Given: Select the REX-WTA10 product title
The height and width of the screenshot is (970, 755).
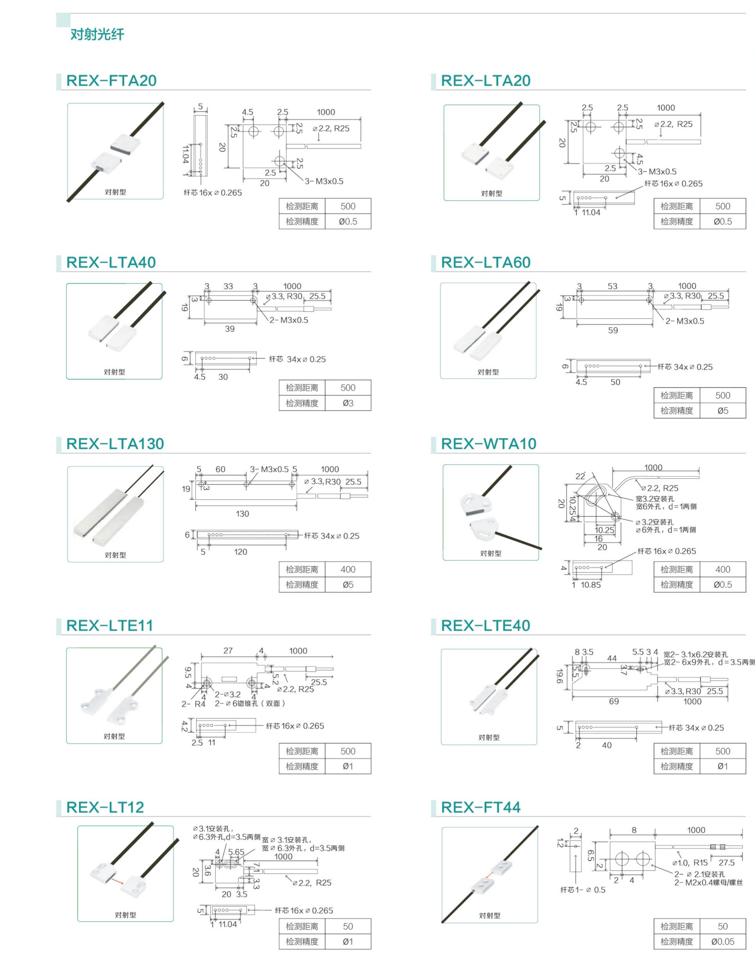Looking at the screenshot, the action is click(489, 444).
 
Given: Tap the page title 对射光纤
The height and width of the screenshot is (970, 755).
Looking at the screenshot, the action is click(97, 34).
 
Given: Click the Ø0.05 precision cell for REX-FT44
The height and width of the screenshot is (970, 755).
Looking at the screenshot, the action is click(723, 941).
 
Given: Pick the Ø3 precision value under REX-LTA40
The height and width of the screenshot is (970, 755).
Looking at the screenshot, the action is click(348, 403).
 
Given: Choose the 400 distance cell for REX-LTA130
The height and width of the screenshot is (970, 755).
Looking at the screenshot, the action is click(348, 569).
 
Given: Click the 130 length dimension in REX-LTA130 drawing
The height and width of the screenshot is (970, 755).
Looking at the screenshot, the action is click(242, 514).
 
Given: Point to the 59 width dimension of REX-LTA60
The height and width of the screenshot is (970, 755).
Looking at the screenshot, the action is click(613, 330).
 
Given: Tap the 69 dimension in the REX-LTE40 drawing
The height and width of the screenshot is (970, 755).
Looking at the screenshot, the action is click(614, 701).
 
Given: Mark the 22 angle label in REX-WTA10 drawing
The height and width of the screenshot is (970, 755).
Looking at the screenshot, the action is click(581, 476).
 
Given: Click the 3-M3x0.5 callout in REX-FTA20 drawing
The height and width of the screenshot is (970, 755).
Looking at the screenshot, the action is click(324, 181).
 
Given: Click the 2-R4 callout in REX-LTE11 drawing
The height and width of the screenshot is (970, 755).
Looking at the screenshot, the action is click(194, 704).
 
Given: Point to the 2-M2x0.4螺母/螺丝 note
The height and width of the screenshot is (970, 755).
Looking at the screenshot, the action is click(708, 882).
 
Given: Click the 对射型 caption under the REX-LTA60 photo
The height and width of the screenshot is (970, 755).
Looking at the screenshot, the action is click(488, 372).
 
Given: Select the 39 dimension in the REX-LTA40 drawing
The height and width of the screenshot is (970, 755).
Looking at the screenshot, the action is click(230, 329).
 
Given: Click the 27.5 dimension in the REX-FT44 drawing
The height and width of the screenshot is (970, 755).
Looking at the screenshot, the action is click(726, 862).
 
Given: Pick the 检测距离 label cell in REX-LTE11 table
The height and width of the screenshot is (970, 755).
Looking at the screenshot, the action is click(302, 751).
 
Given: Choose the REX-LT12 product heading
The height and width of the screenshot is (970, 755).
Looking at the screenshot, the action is click(105, 807).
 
